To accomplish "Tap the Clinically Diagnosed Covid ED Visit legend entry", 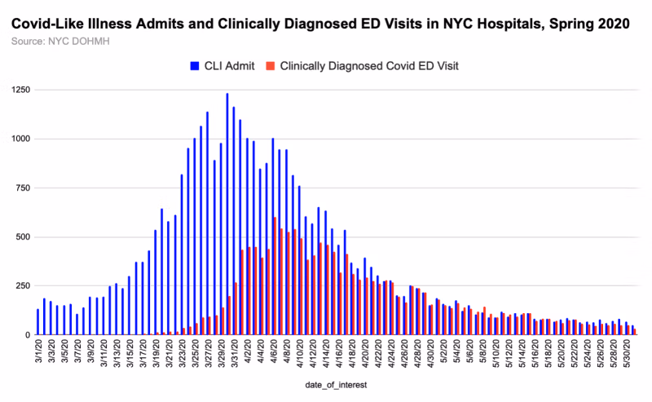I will (368, 64).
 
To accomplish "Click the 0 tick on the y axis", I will (27, 335).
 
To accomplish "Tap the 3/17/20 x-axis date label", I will (143, 354).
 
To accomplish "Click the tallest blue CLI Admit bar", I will (227, 214).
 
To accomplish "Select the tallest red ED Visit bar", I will (275, 276).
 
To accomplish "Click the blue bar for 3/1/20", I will (37, 322).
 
